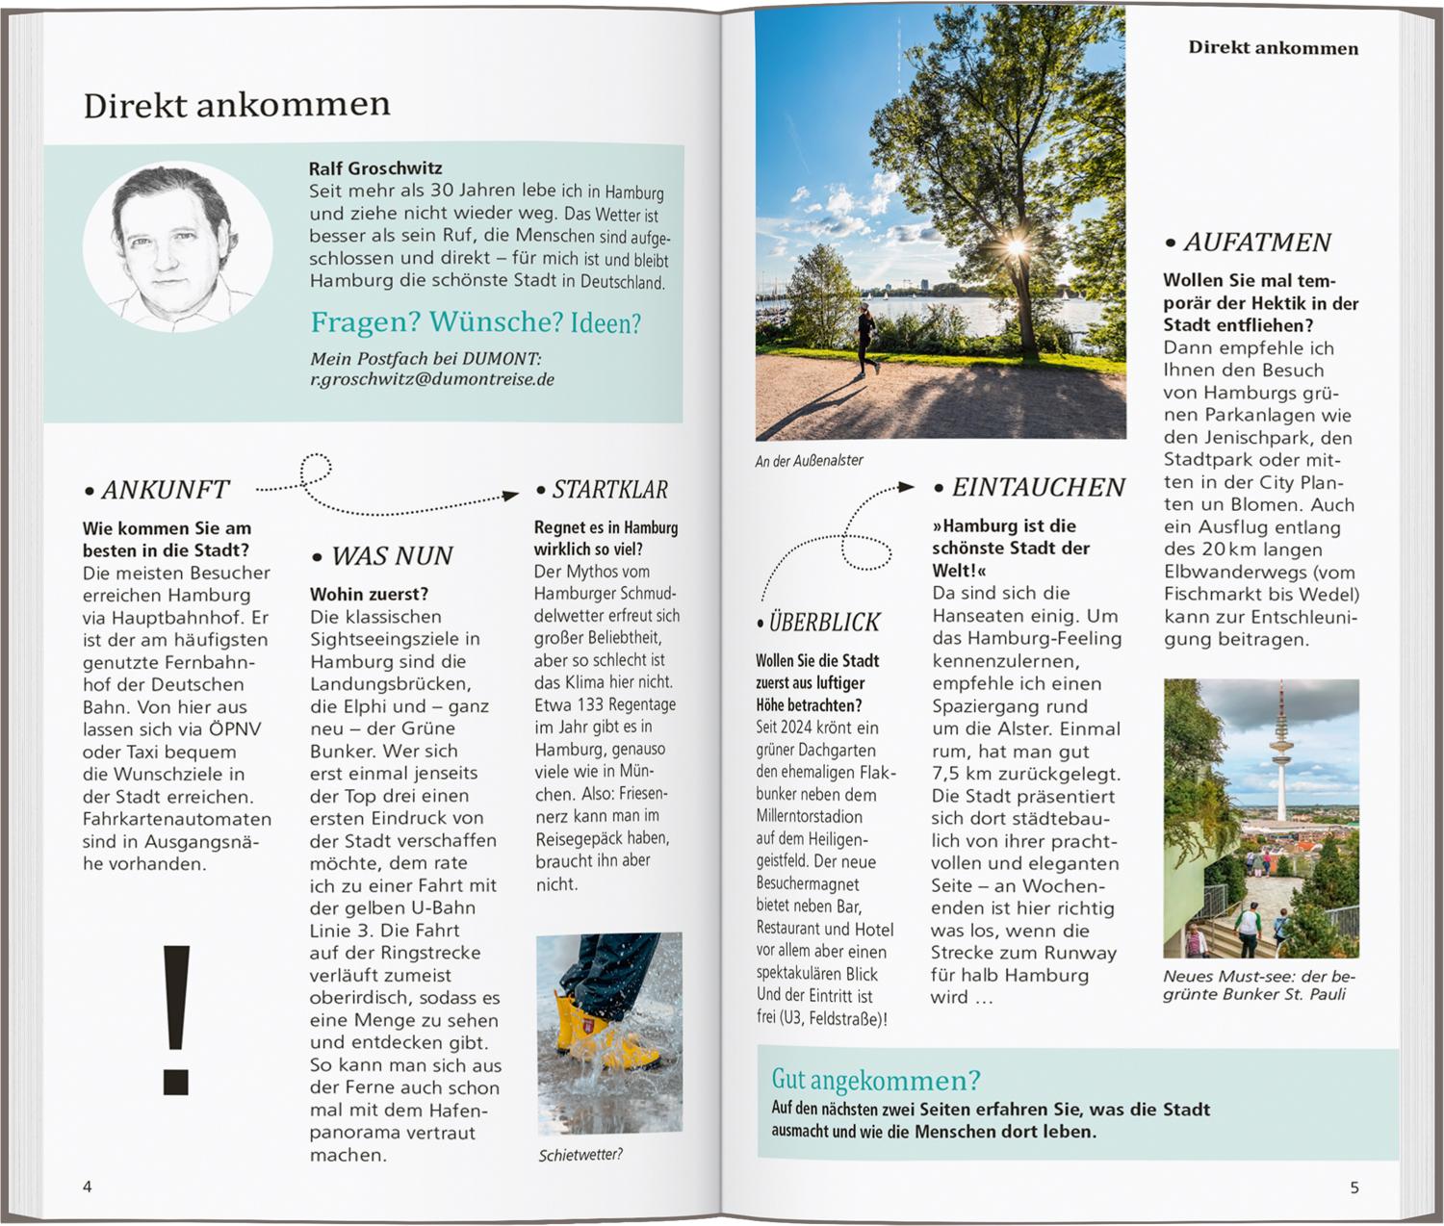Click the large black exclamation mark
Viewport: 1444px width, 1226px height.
[176, 1019]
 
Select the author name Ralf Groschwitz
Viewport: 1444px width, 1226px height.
[375, 168]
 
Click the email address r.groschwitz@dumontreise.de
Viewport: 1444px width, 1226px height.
[431, 379]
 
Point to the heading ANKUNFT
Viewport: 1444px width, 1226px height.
[165, 490]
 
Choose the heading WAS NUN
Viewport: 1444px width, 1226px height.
[391, 556]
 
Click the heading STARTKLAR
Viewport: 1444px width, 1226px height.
[609, 490]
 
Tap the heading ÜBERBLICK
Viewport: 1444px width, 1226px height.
[824, 623]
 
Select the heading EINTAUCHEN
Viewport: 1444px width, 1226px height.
[1038, 488]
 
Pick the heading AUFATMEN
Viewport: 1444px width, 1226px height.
[1256, 243]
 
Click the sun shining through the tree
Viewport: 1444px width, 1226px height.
[1015, 247]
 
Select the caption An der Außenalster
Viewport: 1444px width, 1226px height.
[809, 461]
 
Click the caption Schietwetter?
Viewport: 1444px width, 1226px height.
[580, 1155]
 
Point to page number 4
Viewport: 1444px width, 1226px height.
[88, 1187]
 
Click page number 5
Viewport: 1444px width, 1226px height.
[1354, 1188]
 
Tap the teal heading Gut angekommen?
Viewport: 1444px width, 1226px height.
[875, 1080]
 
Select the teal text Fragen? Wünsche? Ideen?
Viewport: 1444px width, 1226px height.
[476, 322]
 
